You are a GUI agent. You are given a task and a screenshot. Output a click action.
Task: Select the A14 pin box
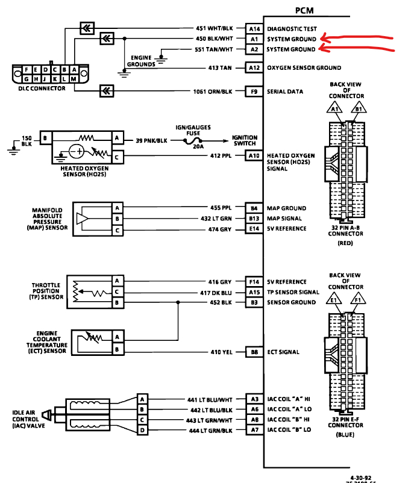[x=254, y=28]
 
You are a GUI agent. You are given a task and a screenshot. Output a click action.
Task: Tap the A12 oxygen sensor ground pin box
[x=254, y=68]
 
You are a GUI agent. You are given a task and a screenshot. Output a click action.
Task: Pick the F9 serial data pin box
[x=254, y=92]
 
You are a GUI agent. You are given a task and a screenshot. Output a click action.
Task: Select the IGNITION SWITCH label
[x=245, y=140]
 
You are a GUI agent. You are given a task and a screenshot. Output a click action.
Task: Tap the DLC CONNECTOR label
[x=38, y=89]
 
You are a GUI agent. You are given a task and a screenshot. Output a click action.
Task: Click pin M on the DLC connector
[x=74, y=79]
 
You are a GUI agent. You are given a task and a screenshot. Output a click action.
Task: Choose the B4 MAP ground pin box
[x=254, y=208]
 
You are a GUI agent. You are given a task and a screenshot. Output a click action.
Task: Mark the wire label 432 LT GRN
[x=215, y=219]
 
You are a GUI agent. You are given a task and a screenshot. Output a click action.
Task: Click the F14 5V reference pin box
[x=254, y=281]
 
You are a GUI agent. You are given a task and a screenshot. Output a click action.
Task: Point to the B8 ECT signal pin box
[x=254, y=352]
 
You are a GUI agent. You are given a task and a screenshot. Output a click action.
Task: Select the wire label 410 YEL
[x=221, y=352]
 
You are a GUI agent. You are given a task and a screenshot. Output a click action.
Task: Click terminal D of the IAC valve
[x=143, y=430]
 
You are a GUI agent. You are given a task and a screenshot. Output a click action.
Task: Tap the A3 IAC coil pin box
[x=254, y=399]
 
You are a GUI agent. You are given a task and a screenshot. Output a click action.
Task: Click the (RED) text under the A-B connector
[x=345, y=243]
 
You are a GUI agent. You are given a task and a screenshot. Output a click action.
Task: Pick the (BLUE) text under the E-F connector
[x=345, y=434]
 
